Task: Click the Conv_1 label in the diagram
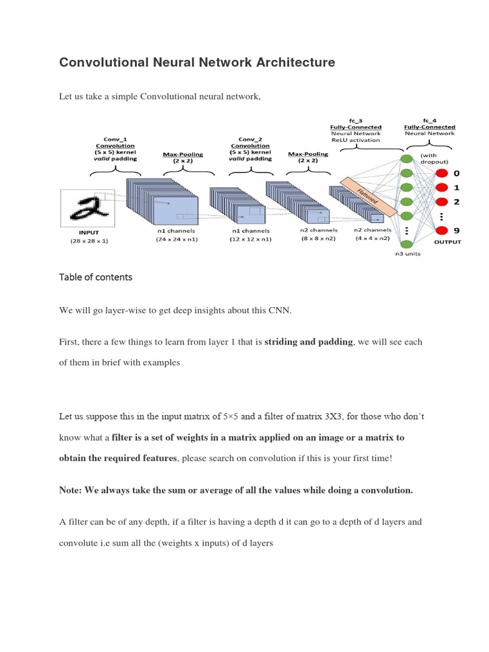coord(115,139)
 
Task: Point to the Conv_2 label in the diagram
coord(250,139)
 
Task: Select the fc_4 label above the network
coord(429,120)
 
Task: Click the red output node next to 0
coord(439,173)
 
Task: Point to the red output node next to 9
coord(439,230)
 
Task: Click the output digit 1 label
coord(456,187)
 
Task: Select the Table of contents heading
coord(96,277)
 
